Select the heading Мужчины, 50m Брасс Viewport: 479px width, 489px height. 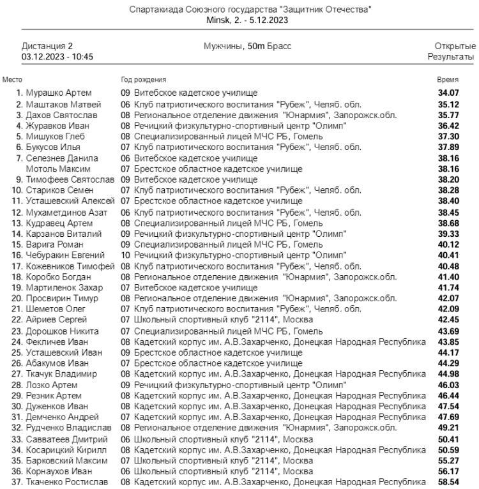(x=239, y=47)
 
